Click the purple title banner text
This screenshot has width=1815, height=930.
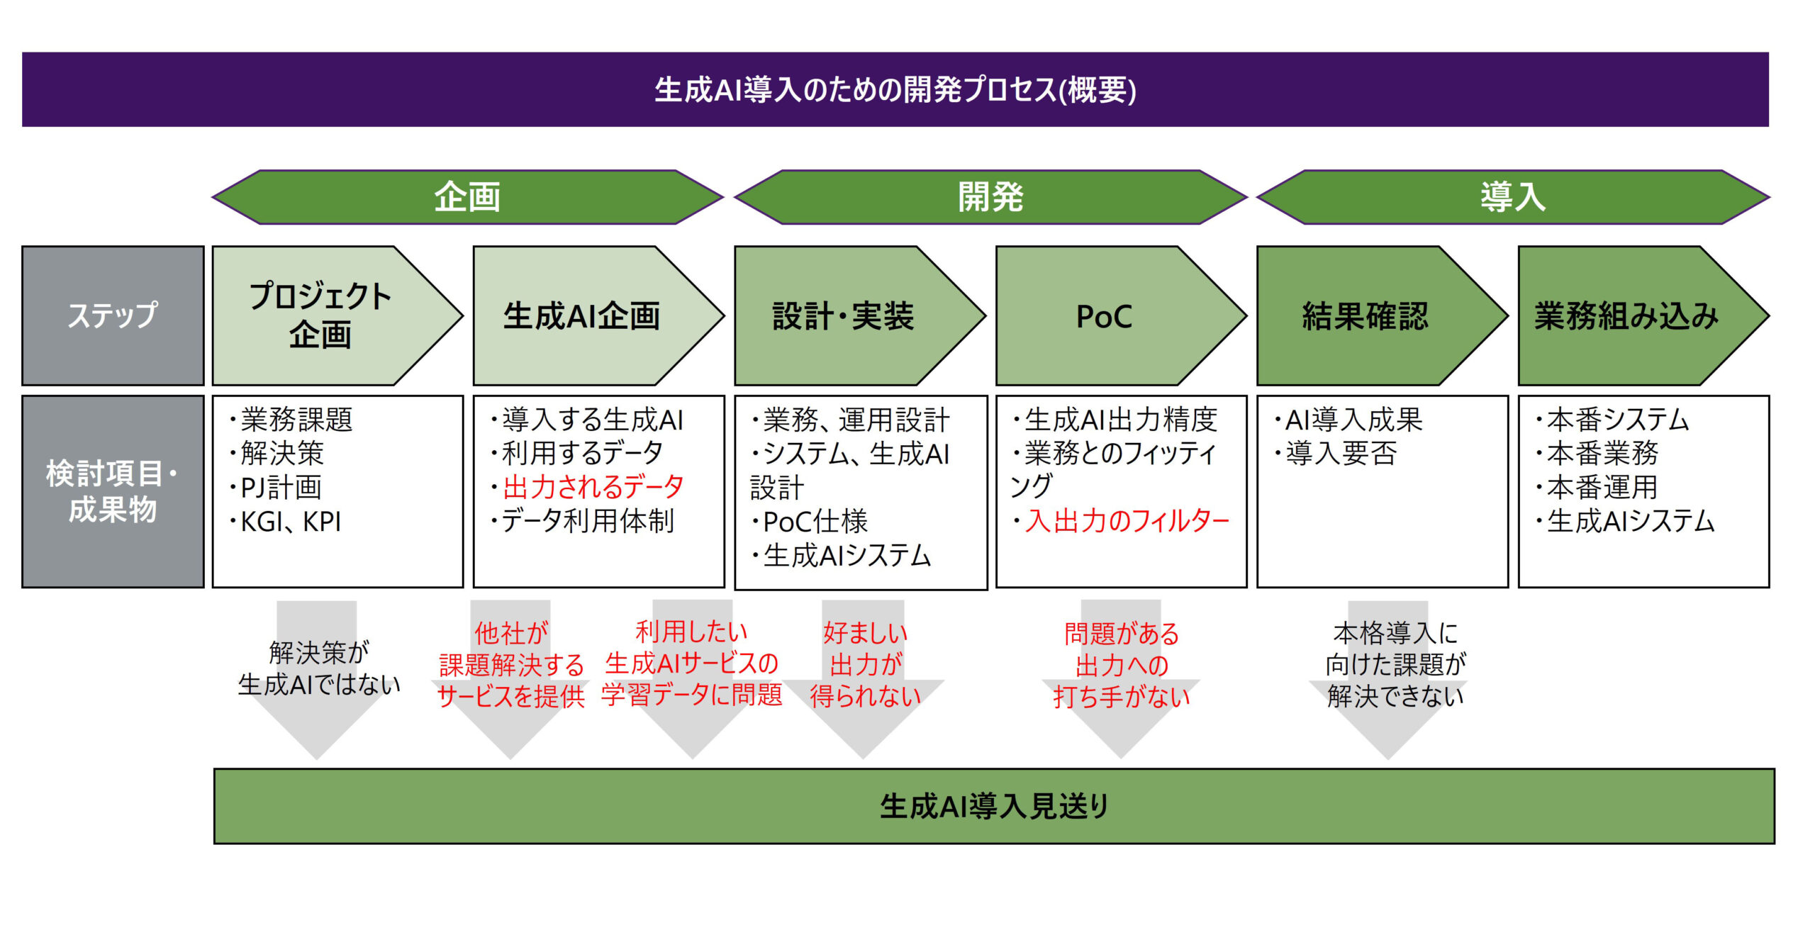[x=895, y=90]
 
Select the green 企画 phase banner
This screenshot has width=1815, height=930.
[x=467, y=197]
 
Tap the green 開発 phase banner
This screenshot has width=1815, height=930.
[x=990, y=197]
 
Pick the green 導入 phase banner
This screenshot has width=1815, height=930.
[x=1512, y=197]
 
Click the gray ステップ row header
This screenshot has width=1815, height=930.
[x=113, y=315]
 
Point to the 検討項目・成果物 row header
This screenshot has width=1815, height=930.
[x=113, y=491]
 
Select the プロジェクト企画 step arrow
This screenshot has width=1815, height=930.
[x=321, y=315]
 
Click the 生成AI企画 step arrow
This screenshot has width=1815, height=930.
[x=581, y=316]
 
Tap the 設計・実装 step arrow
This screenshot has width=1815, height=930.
[x=843, y=316]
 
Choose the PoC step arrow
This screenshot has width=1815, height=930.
[x=1104, y=316]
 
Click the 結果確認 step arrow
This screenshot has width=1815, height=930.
[x=1365, y=316]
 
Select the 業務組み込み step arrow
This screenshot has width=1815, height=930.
[x=1626, y=316]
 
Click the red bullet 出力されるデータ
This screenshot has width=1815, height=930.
[x=593, y=487]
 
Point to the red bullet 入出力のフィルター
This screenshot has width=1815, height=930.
[x=1127, y=521]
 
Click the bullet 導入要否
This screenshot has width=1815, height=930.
[x=1341, y=454]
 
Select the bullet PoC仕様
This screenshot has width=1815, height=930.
[x=815, y=522]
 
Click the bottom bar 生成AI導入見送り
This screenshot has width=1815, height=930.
[x=994, y=807]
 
